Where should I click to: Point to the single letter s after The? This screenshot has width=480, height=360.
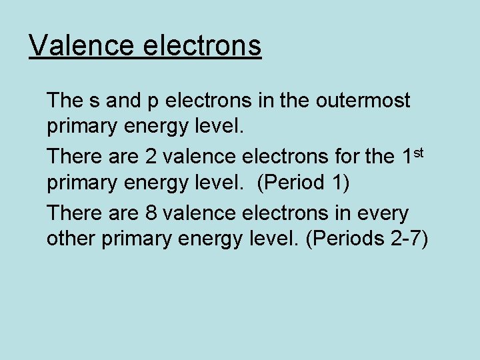click(95, 101)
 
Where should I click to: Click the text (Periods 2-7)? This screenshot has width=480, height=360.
click(366, 239)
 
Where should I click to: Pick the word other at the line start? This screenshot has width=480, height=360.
click(71, 238)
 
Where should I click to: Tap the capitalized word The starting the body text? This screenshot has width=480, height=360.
click(65, 101)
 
